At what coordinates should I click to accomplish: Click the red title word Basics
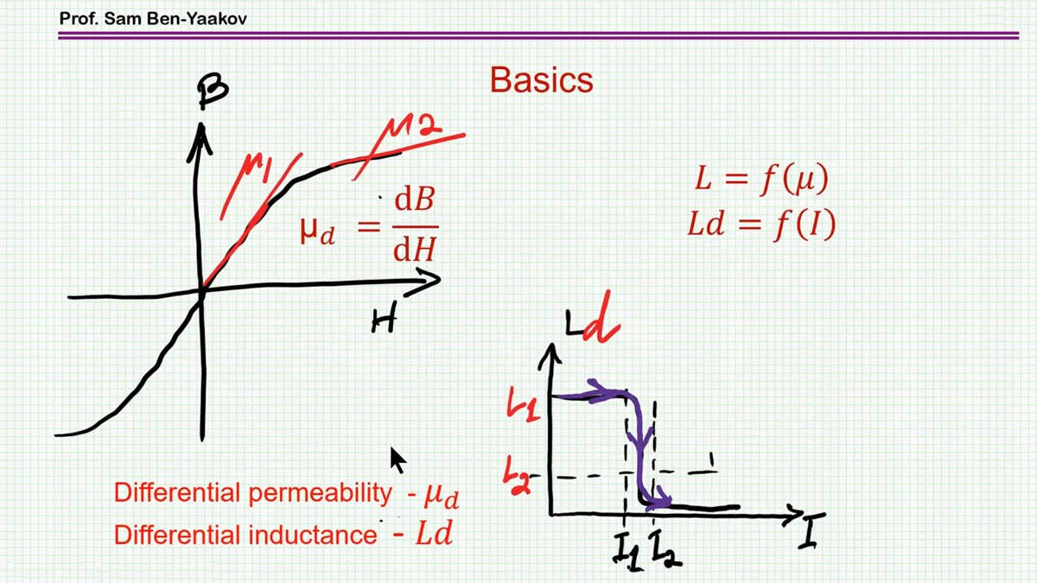tap(541, 80)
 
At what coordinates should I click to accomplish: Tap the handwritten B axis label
tap(212, 91)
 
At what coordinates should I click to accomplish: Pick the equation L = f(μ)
tap(761, 181)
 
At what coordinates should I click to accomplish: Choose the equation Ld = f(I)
tap(760, 225)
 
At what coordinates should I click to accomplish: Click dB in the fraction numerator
tap(414, 200)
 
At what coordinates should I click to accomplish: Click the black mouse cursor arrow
tap(398, 459)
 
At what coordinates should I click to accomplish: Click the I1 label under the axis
tap(624, 547)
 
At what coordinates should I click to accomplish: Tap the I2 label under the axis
tap(665, 550)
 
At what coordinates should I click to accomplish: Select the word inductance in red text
tap(313, 535)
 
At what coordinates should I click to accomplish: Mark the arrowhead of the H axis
tap(429, 278)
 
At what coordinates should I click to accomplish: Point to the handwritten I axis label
tap(809, 534)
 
